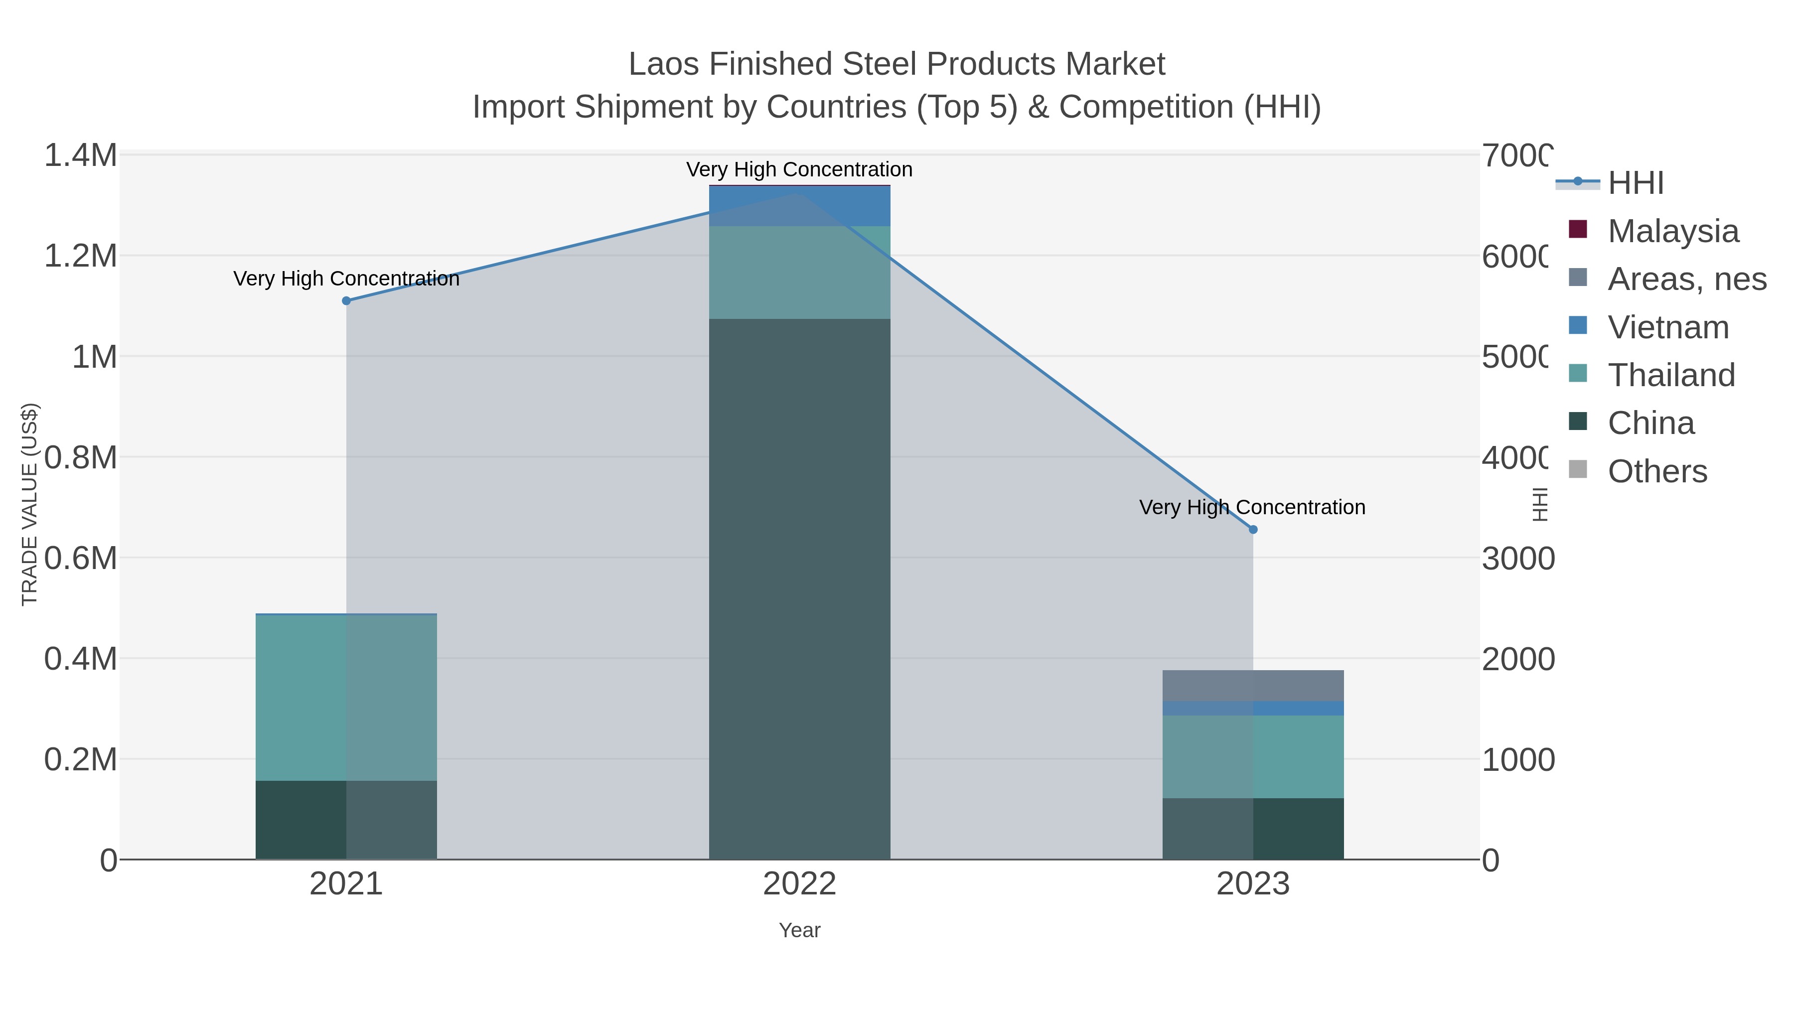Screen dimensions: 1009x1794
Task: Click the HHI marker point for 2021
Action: coord(346,301)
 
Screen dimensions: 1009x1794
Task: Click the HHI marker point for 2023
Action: coord(1253,529)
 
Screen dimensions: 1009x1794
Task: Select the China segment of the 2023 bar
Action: coord(1253,828)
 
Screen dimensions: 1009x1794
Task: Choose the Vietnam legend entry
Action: coord(1668,326)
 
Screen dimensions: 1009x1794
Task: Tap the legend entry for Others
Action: coord(1657,471)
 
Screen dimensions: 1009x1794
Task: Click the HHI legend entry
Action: coord(1635,182)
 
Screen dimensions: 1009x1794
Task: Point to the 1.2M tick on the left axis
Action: coord(81,256)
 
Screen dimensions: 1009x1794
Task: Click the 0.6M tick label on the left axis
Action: coord(81,558)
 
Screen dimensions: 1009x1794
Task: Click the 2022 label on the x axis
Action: coord(799,883)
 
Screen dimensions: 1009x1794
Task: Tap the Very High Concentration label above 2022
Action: coord(799,169)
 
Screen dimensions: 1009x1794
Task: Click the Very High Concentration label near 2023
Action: coord(1251,507)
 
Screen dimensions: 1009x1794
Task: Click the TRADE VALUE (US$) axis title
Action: coord(29,504)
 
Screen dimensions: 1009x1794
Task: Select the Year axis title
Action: coord(799,930)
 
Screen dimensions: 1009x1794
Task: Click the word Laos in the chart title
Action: coord(663,64)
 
